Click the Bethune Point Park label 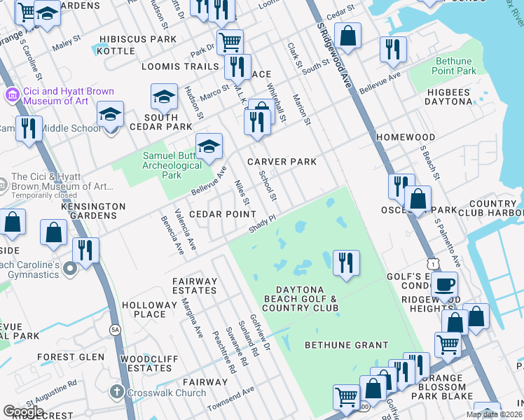pyautogui.click(x=455, y=66)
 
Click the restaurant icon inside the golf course pyautogui.click(x=346, y=262)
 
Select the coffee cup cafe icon pyautogui.click(x=445, y=284)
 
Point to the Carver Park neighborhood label pyautogui.click(x=282, y=162)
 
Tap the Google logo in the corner pyautogui.click(x=23, y=412)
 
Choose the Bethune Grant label pyautogui.click(x=346, y=345)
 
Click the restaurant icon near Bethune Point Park pyautogui.click(x=393, y=49)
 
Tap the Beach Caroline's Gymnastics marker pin pyautogui.click(x=69, y=268)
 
